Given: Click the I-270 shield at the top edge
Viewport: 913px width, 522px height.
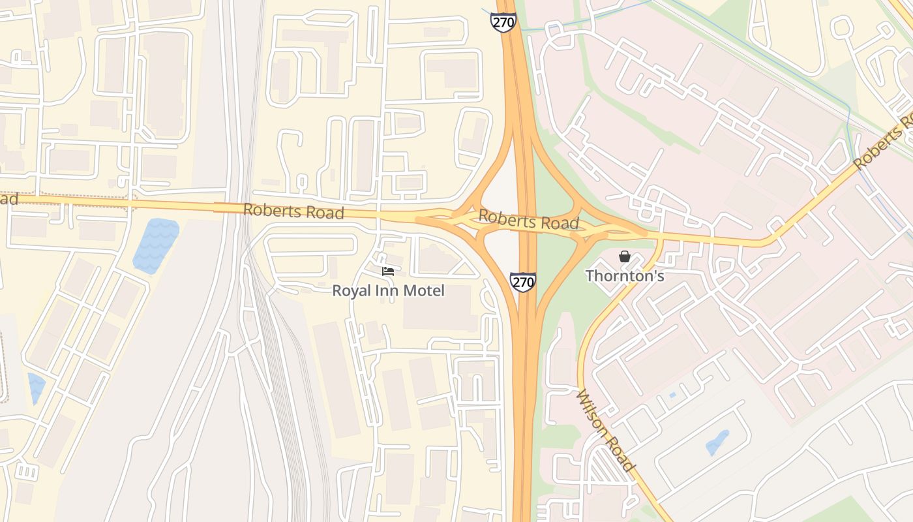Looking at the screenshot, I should [503, 22].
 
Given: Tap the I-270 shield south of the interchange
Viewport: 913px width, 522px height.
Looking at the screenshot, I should [523, 282].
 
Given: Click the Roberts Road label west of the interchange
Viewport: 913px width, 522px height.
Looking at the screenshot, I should [293, 211].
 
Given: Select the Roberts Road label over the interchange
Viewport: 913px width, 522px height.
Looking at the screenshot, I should [528, 221].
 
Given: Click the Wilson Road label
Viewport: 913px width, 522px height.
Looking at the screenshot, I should [605, 430].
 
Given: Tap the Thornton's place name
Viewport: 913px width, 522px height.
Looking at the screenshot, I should [625, 276].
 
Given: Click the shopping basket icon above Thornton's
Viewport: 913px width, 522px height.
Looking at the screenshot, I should [625, 256].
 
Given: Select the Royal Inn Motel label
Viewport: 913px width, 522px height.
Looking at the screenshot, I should [388, 290].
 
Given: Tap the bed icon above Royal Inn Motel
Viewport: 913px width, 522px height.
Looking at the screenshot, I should [388, 271].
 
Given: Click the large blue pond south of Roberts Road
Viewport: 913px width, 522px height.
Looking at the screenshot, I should [155, 245].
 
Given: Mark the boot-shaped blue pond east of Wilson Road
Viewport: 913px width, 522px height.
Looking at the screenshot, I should [718, 442].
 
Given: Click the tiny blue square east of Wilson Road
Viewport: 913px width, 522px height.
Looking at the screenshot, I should [672, 395].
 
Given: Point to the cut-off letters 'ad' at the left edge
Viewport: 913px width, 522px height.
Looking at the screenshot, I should [8, 198].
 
